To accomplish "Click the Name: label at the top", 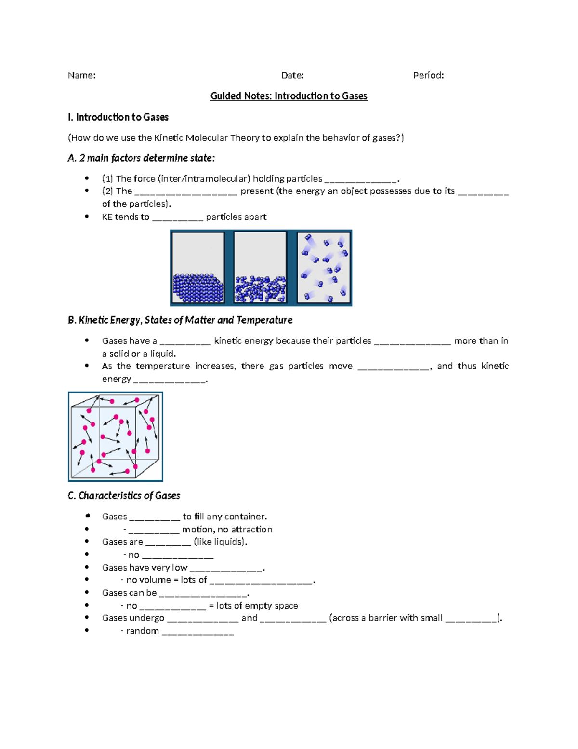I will pos(81,75).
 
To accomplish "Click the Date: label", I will pos(292,75).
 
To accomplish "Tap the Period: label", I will pos(428,75).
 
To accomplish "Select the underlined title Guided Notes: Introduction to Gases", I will pos(289,96).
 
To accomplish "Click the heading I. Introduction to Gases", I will pos(118,117).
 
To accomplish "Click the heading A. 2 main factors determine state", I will pos(141,158).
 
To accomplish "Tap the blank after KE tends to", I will pos(178,218).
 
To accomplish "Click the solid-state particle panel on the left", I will pos(198,268).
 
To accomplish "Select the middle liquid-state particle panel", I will pos(260,268).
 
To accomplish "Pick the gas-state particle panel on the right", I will pos(324,268).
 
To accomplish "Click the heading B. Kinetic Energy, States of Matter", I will pos(180,320).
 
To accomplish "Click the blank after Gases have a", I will pos(185,342).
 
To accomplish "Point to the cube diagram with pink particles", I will pos(116,436).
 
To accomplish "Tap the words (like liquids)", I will pos(221,542).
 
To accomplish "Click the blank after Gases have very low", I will pos(226,569).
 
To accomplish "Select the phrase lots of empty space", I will pos(257,606).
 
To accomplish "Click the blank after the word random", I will pos(197,632).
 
